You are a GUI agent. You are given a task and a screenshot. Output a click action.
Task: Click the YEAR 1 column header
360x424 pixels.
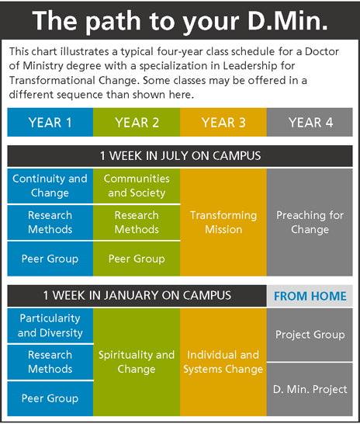coord(50,122)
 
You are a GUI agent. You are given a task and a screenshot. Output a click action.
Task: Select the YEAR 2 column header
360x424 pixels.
coord(137,122)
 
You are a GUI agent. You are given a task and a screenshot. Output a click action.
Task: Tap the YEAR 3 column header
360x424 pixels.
coord(223,122)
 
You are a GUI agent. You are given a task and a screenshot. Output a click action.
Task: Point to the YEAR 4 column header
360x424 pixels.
coord(310,122)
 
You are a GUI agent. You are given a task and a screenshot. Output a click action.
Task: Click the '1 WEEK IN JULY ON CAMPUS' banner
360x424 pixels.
coord(180,156)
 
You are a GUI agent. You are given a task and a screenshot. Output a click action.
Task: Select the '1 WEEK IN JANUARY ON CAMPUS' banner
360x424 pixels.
coord(137,296)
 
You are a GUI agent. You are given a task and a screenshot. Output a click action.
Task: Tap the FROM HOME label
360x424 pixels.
coord(310,296)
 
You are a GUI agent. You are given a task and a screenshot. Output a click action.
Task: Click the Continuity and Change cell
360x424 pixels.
coord(50,186)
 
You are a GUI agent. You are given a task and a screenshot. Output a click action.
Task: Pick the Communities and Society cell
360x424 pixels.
coord(137,186)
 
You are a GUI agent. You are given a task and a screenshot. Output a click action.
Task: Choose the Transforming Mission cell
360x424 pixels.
coord(223,222)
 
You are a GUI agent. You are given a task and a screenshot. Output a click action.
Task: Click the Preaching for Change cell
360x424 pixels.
coord(310,222)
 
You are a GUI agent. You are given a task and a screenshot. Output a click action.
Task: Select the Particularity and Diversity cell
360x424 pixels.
coord(50,325)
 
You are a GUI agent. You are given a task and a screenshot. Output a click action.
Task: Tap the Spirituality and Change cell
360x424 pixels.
coord(137,362)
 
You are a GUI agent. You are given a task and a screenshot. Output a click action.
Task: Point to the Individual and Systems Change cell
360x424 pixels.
coord(223,362)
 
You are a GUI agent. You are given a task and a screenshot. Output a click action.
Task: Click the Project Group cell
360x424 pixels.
coord(310,335)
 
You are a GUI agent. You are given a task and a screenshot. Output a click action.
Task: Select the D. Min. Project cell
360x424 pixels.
coord(310,389)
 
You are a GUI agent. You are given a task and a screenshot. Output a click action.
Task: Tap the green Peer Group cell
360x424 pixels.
coord(137,259)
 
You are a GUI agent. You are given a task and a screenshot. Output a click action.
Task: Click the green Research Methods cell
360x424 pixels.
coord(137,222)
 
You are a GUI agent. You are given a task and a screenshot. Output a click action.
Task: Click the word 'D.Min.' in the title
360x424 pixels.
coord(288,21)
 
